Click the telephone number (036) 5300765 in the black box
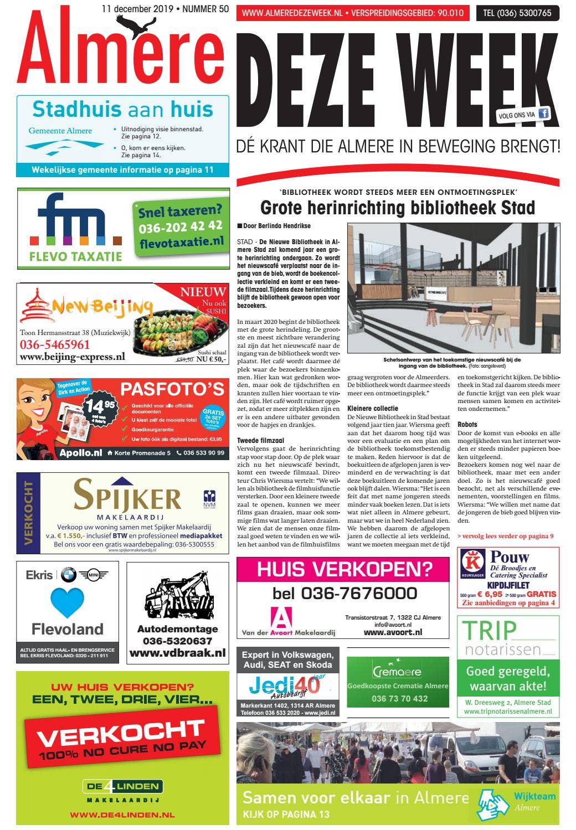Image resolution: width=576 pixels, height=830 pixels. point(517,13)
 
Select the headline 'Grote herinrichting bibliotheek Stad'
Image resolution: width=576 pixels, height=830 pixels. point(397,208)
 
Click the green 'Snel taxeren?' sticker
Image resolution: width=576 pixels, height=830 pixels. point(181,226)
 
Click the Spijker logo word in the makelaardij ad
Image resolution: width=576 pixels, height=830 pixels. point(127,494)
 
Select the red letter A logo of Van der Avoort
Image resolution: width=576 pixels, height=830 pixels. point(283,617)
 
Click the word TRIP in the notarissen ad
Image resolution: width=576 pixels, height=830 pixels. point(489,631)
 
